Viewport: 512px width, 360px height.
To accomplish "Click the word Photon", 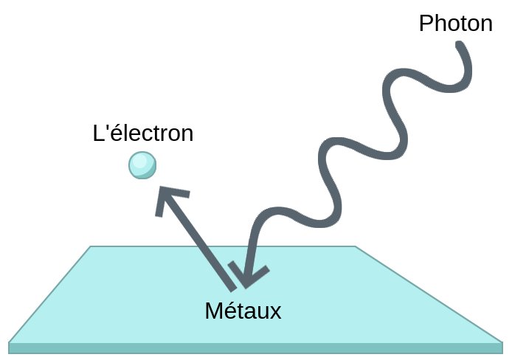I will tap(455, 24).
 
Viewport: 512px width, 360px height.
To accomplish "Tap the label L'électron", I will tap(143, 134).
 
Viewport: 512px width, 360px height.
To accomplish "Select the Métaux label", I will tap(243, 311).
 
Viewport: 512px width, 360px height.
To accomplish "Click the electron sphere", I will tap(142, 165).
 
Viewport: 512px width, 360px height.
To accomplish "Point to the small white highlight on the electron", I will tap(138, 161).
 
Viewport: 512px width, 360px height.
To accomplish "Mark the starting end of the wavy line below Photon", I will tap(461, 46).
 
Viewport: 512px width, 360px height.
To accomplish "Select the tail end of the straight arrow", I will tap(230, 286).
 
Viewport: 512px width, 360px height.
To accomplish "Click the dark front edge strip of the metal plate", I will tap(255, 347).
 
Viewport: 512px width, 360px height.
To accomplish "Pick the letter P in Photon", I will tap(426, 24).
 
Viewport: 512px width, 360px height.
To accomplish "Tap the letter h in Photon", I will tap(438, 24).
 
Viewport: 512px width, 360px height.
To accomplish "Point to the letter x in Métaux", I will tap(276, 312).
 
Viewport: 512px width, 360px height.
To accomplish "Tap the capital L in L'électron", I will tap(98, 134).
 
